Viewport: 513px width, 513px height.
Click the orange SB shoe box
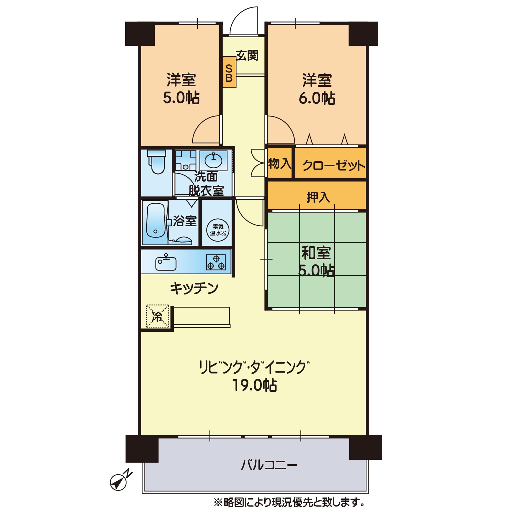(x=229, y=72)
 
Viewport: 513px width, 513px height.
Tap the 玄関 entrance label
(x=247, y=55)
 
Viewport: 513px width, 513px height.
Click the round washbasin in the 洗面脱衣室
(x=214, y=160)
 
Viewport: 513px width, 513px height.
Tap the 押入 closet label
(x=318, y=197)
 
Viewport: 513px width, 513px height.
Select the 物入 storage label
(x=279, y=163)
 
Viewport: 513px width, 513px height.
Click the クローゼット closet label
(x=333, y=166)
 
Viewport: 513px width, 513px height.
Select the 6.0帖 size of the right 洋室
(x=317, y=98)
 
